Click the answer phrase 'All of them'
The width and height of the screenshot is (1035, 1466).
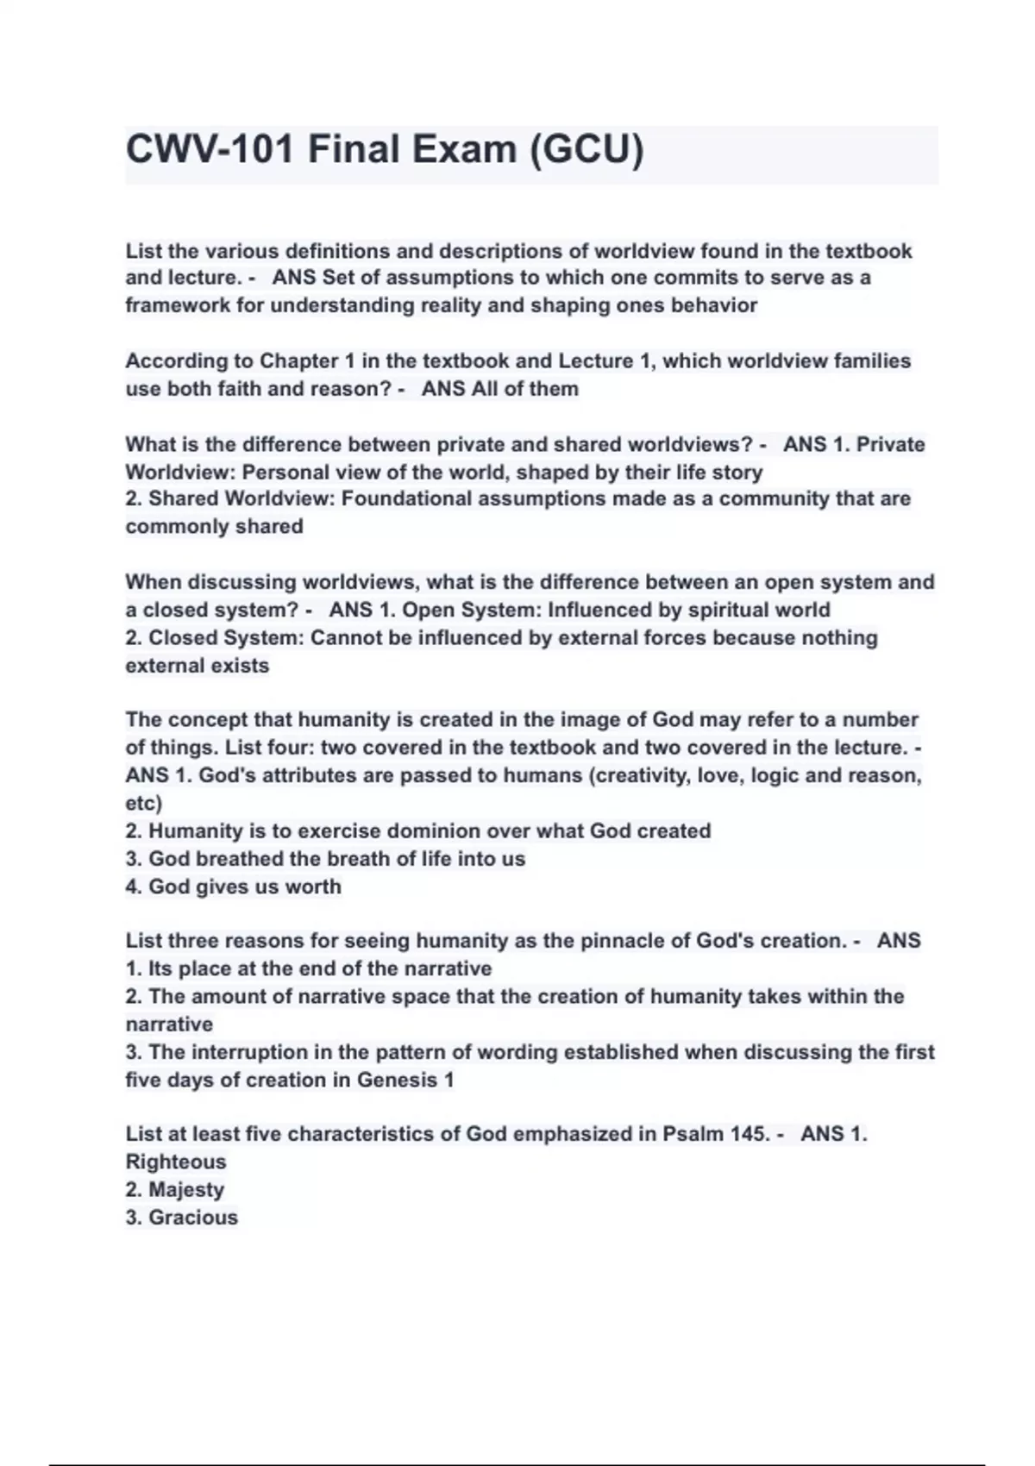pyautogui.click(x=524, y=389)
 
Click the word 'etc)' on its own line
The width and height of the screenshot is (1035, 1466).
pyautogui.click(x=144, y=803)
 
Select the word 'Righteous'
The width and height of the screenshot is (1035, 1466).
pyautogui.click(x=176, y=1162)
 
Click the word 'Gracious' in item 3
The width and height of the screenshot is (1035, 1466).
pyautogui.click(x=193, y=1218)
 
